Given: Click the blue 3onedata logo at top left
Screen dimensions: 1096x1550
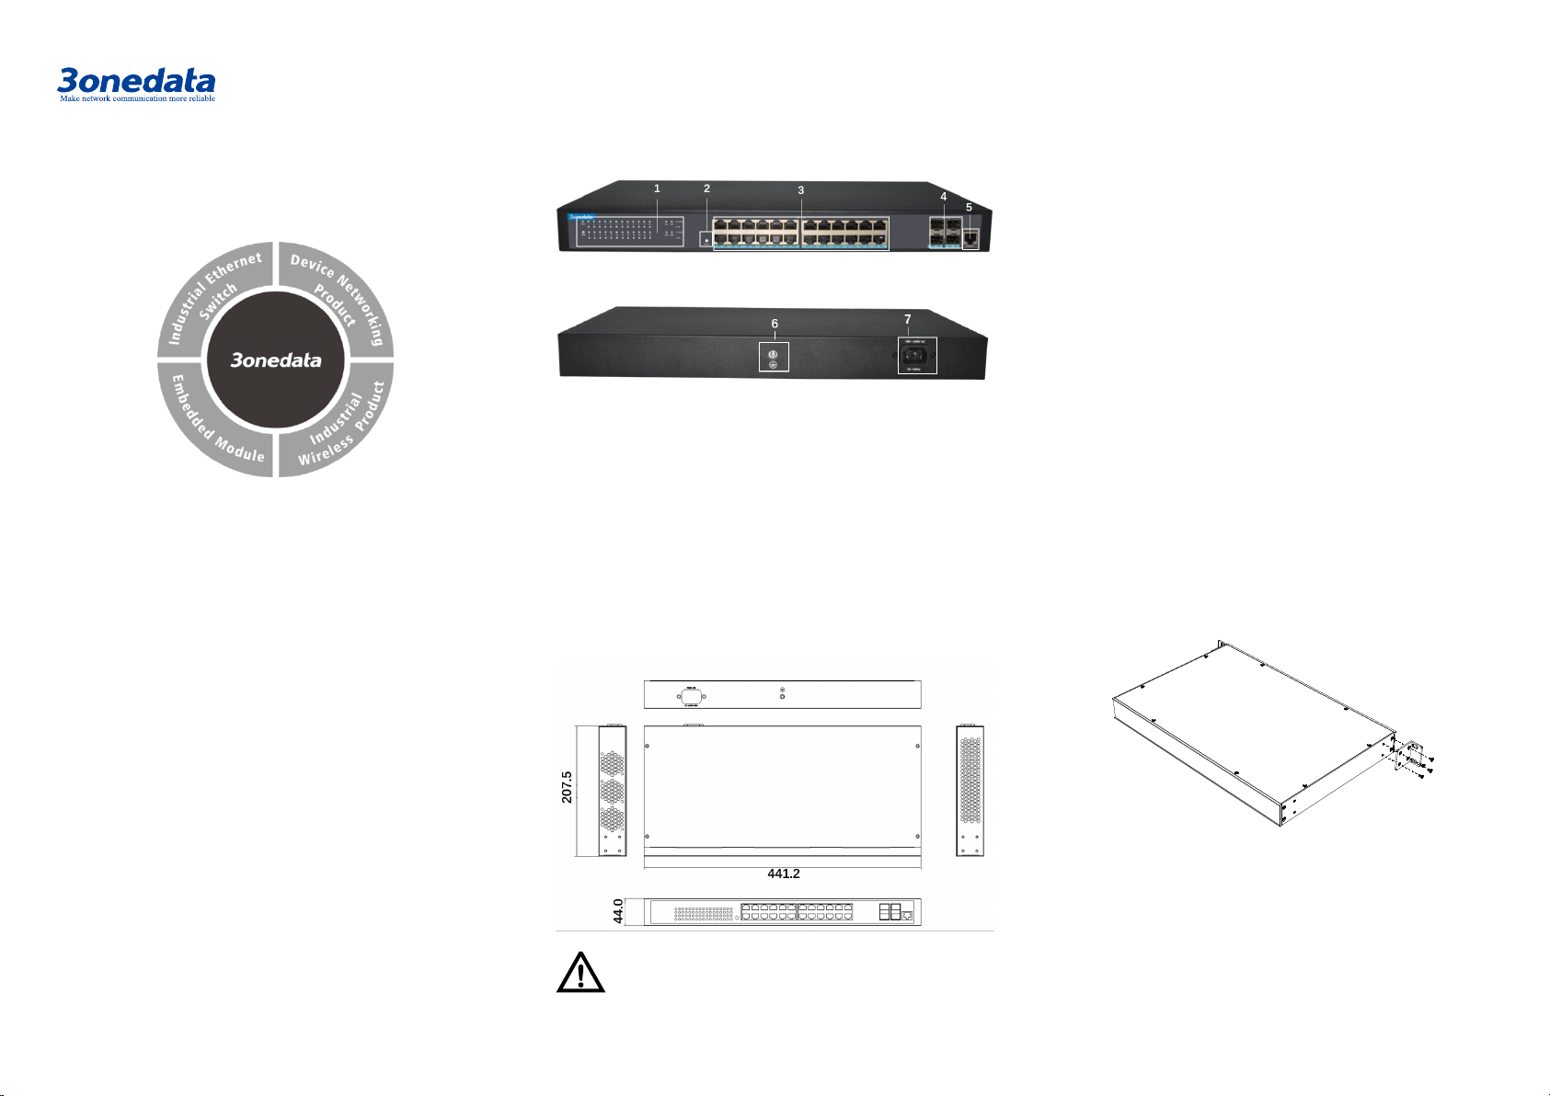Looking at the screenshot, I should click(136, 80).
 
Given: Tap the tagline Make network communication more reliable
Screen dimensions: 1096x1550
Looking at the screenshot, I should click(137, 98).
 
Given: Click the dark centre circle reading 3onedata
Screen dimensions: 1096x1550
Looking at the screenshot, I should click(276, 360).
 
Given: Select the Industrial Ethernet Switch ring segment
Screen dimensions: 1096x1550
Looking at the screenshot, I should click(214, 299).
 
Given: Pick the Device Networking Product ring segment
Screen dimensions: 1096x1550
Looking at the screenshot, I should click(338, 299).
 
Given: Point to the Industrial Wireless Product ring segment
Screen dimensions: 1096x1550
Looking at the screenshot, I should click(339, 421).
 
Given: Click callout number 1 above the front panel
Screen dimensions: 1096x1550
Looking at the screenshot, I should click(657, 188).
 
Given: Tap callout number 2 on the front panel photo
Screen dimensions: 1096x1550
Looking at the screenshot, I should click(706, 188).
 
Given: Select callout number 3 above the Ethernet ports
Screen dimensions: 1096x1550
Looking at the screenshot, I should click(800, 190).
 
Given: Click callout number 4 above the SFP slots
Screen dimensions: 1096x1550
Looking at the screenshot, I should click(943, 196).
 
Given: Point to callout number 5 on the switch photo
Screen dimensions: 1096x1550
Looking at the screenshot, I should click(969, 207).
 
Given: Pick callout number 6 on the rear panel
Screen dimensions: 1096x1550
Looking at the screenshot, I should click(775, 324).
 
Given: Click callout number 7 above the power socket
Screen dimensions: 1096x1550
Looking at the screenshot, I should click(907, 319).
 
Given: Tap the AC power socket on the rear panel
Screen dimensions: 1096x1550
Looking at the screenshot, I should click(917, 356).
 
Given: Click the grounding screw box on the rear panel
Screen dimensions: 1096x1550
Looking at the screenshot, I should click(774, 357).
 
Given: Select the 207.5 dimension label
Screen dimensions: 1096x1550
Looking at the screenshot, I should click(567, 787).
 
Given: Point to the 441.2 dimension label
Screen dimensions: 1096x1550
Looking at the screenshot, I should click(783, 873).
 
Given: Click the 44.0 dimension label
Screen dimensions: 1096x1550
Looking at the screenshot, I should click(618, 911).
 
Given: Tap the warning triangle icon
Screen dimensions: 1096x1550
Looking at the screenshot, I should click(580, 974).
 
